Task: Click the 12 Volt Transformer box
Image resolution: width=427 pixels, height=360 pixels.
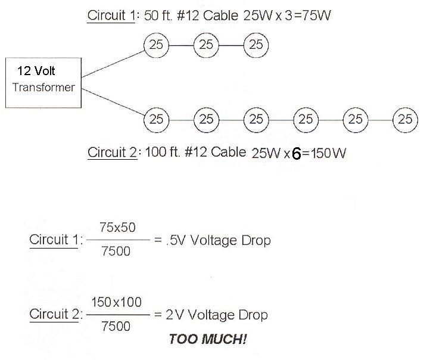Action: pos(42,82)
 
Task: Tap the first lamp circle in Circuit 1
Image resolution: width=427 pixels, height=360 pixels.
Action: pos(157,44)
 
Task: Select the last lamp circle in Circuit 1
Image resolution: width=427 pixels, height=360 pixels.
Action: pos(256,44)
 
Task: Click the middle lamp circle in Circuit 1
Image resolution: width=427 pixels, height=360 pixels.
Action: pos(206,44)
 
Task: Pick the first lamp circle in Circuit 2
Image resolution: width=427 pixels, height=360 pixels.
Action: pos(157,119)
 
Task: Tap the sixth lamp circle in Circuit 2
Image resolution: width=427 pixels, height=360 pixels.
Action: pos(405,119)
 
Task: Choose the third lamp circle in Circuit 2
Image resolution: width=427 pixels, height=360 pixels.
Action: pos(256,119)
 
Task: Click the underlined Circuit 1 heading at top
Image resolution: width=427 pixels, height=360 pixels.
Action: pos(111,16)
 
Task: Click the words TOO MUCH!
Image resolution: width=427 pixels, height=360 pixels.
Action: pos(208,339)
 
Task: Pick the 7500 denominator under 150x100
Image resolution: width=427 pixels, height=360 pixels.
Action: pos(117,325)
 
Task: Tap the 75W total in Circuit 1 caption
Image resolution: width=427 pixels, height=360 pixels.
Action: pos(316,16)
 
